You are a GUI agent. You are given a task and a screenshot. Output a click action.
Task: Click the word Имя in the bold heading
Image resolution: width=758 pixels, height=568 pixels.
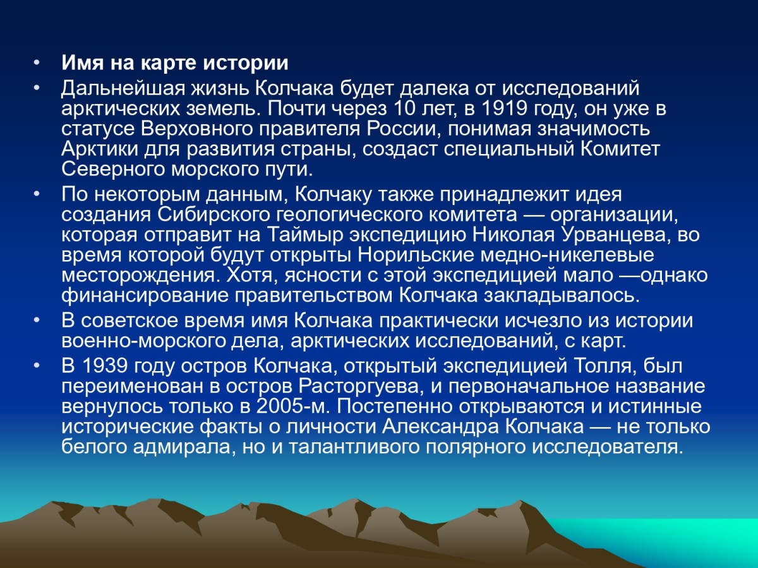83,63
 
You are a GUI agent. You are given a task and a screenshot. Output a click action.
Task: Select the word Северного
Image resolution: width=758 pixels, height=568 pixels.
113,169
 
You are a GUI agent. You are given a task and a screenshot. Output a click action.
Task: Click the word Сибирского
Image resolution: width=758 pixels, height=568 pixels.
214,214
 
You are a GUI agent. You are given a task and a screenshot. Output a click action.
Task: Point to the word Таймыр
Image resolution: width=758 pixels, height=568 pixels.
305,235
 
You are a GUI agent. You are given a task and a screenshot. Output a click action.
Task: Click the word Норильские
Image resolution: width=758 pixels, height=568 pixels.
416,255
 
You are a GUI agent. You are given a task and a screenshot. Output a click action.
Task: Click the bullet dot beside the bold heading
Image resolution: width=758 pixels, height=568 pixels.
37,63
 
